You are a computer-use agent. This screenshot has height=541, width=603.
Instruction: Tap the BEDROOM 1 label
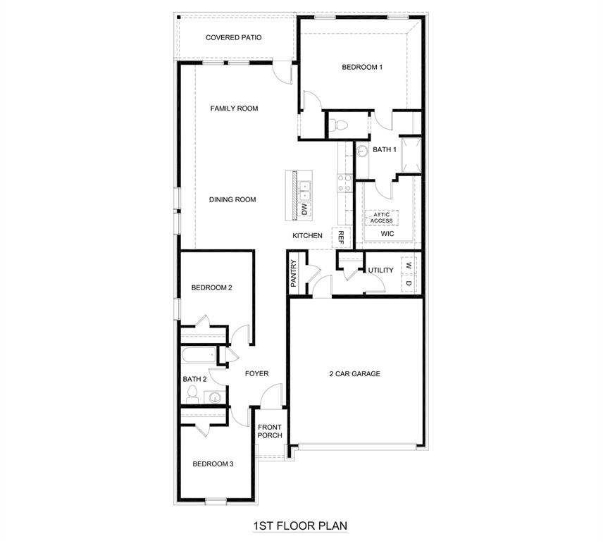point(362,68)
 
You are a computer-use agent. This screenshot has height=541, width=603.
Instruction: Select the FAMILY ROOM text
point(234,108)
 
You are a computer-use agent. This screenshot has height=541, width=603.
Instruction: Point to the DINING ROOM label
point(232,199)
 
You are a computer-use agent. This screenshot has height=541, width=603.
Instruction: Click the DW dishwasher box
point(304,209)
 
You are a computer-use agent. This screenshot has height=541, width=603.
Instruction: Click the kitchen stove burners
point(345,183)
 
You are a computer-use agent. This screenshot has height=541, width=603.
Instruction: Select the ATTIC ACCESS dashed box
point(381,218)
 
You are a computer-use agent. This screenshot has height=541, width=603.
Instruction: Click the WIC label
point(387,233)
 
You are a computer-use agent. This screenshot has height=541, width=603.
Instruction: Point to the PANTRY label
point(294,273)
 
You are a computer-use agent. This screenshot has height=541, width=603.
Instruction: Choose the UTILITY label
point(380,270)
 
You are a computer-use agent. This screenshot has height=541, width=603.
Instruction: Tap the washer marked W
point(409,266)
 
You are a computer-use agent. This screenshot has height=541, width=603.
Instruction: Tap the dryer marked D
point(409,283)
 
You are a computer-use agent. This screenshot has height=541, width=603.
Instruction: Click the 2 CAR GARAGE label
point(354,374)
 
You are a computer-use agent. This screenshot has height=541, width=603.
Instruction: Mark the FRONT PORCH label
point(270,431)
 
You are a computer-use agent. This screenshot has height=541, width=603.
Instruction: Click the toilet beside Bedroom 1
point(340,125)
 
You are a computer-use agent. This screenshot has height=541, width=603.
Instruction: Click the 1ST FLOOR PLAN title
point(300,526)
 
